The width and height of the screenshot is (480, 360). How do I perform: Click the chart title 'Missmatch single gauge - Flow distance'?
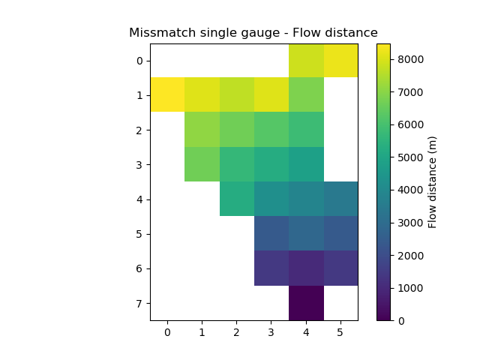(x=253, y=33)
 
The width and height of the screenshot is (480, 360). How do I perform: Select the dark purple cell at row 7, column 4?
(x=306, y=303)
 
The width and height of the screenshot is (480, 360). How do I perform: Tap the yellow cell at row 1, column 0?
(x=167, y=95)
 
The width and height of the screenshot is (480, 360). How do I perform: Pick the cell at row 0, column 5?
(x=340, y=61)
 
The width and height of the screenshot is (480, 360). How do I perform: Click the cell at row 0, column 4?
(x=306, y=61)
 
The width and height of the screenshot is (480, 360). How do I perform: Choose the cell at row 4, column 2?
(x=237, y=199)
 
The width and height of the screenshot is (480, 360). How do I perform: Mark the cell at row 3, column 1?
(x=202, y=164)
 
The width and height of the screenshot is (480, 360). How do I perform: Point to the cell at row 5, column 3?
(x=271, y=233)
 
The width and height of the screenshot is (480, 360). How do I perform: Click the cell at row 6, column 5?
(x=340, y=268)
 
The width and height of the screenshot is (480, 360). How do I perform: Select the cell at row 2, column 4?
(x=306, y=130)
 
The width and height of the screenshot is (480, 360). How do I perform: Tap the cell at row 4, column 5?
(x=340, y=199)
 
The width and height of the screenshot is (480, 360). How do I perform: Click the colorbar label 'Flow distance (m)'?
(x=433, y=181)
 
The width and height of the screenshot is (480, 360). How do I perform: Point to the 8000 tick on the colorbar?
(x=391, y=60)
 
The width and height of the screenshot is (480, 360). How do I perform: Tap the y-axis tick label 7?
(x=139, y=303)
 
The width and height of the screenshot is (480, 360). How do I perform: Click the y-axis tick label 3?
(x=139, y=164)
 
